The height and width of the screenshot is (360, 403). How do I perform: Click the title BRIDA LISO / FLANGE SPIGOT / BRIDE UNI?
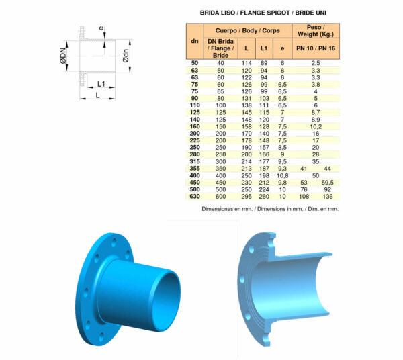click(x=263, y=12)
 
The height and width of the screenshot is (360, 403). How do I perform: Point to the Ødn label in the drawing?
click(x=126, y=60)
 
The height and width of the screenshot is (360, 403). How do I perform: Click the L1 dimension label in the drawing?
click(x=99, y=84)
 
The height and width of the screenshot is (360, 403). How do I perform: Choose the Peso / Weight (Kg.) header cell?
click(x=315, y=31)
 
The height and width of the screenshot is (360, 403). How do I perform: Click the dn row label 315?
click(x=195, y=162)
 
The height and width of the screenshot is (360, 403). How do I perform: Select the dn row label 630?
click(x=195, y=196)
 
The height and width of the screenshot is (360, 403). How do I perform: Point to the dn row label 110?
click(x=195, y=105)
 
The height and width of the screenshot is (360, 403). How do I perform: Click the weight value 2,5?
click(x=315, y=62)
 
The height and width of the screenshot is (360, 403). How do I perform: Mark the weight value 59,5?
click(x=328, y=181)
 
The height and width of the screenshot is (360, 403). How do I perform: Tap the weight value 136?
click(x=328, y=196)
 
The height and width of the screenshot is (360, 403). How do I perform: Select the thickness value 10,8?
click(x=282, y=175)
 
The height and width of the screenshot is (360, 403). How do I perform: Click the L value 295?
click(x=246, y=196)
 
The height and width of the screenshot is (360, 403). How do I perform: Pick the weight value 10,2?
click(x=315, y=125)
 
